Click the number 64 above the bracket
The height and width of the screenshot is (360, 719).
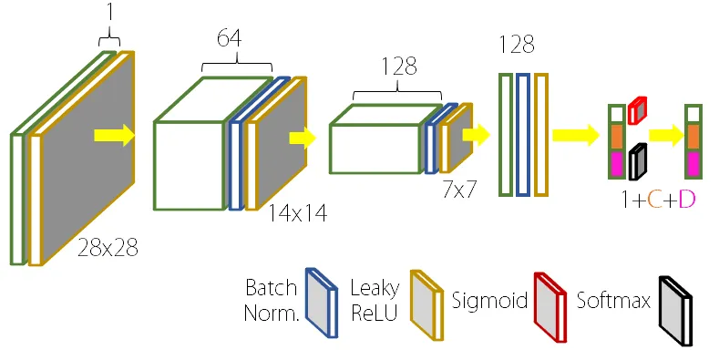click(230, 37)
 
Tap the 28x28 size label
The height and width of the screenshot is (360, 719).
click(108, 248)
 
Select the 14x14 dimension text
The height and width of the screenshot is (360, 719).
click(298, 212)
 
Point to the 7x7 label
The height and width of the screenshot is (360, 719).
click(459, 189)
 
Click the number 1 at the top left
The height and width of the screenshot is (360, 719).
click(109, 13)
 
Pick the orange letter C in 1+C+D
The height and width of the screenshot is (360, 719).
click(655, 200)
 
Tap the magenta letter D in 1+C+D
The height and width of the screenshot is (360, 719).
click(687, 200)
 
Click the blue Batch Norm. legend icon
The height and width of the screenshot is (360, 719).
click(322, 303)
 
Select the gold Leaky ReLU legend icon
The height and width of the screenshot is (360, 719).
click(426, 305)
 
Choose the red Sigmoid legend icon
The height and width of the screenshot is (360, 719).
click(550, 307)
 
